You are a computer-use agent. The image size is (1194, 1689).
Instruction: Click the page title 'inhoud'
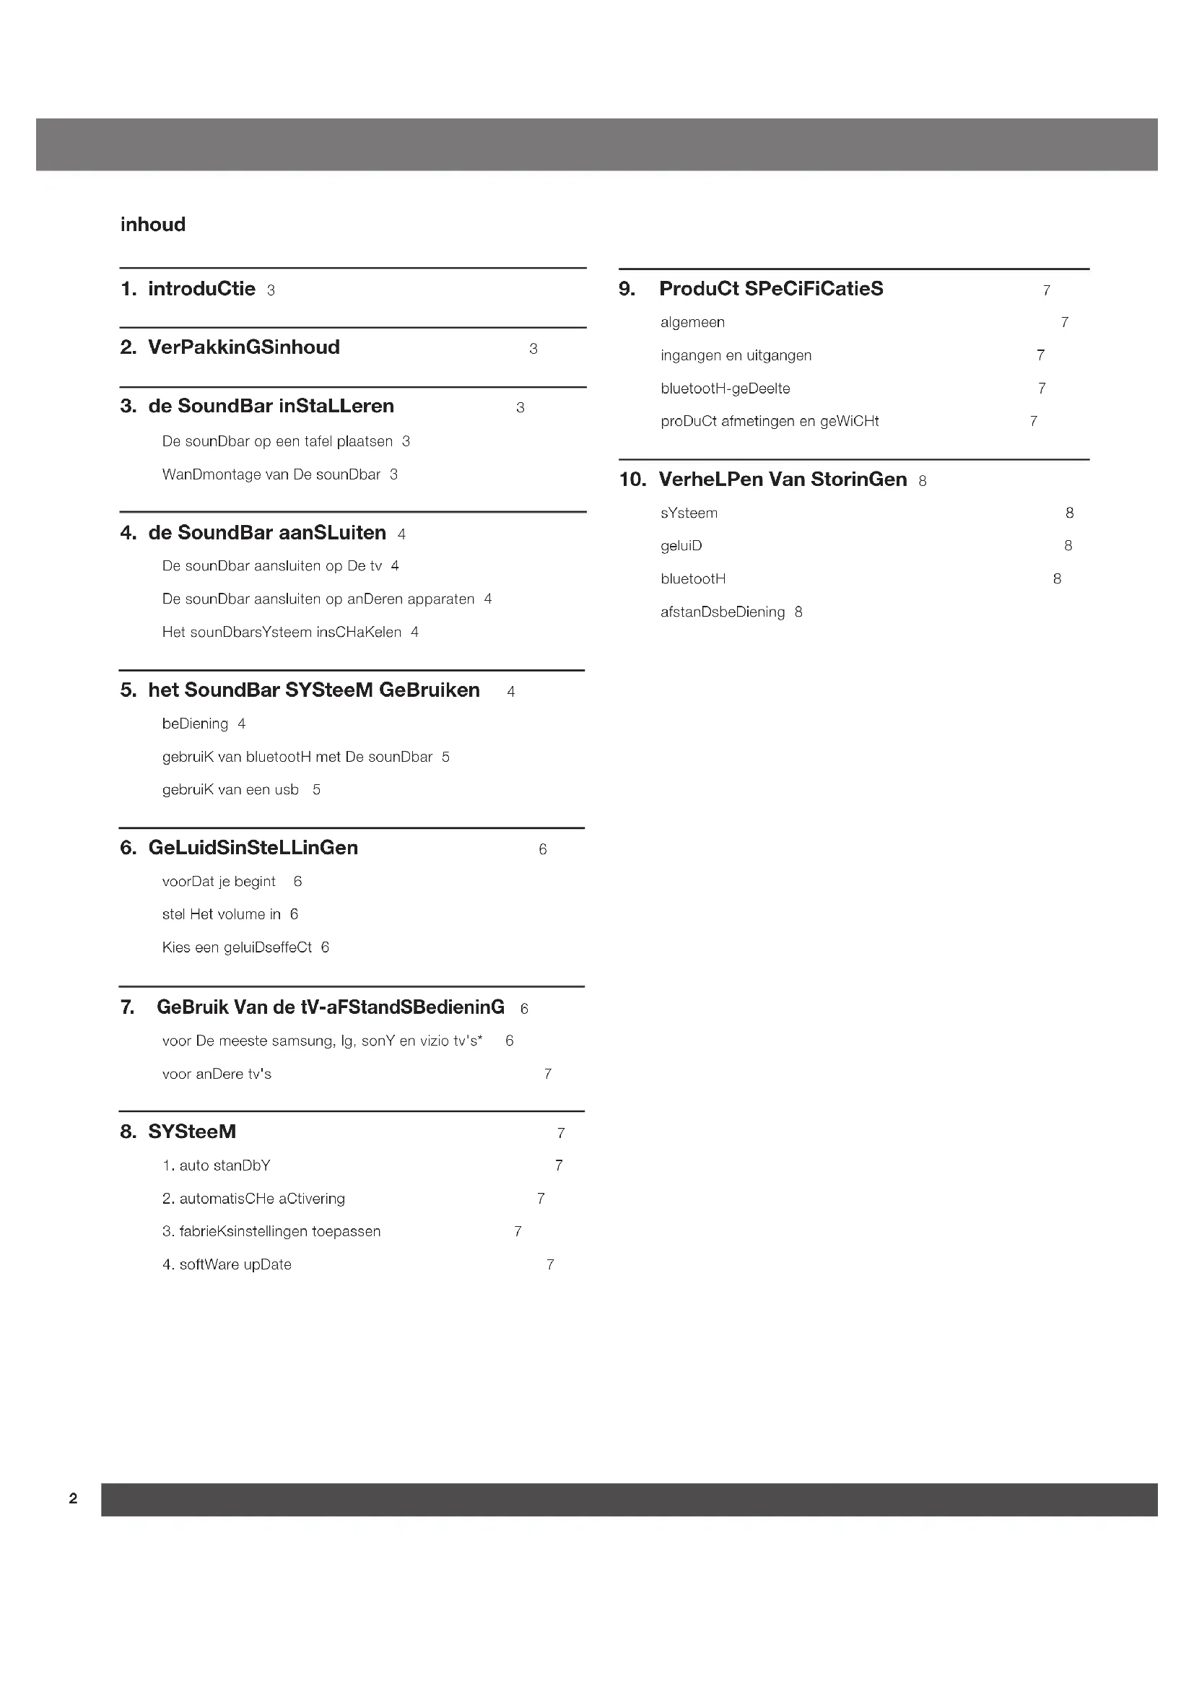153,225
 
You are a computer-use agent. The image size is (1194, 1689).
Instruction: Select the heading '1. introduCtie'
188,289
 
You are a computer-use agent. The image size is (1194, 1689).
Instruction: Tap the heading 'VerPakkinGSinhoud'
243,347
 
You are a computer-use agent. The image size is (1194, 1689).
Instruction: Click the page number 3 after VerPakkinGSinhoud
533,349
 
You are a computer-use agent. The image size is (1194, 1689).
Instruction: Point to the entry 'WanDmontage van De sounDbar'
271,474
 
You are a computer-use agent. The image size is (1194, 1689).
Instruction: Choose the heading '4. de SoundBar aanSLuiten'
253,533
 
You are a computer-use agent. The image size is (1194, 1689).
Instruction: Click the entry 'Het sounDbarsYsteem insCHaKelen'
282,632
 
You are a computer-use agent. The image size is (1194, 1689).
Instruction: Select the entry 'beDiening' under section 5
195,724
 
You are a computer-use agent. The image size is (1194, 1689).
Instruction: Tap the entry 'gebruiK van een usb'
230,790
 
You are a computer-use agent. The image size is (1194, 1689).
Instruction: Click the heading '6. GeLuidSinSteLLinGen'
239,848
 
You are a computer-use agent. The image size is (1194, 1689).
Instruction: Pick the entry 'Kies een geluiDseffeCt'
237,947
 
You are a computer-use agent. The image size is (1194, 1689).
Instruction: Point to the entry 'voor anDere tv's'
216,1074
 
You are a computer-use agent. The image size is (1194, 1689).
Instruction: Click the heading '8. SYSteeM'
178,1132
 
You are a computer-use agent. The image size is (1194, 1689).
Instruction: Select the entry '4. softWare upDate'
227,1264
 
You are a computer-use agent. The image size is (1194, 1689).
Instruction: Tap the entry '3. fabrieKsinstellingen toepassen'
271,1231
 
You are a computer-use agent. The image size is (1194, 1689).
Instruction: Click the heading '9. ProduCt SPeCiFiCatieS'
751,289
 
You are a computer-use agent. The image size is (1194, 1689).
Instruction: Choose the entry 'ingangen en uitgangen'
736,355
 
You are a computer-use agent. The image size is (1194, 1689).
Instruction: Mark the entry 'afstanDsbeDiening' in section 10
722,612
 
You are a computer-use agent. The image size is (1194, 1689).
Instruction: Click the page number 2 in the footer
73,1498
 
